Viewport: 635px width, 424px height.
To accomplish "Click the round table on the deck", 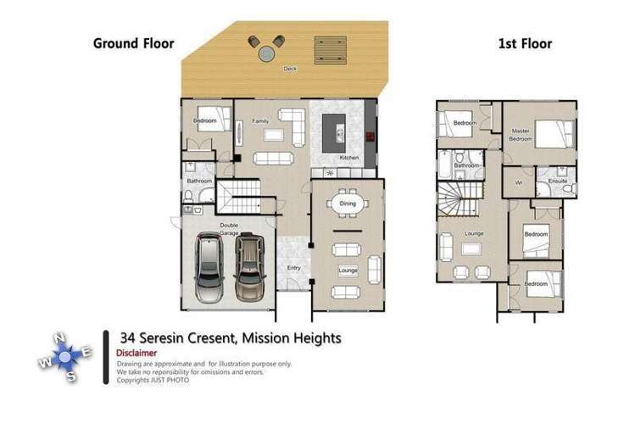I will click(267, 52).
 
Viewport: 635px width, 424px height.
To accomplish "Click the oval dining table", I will click(348, 204).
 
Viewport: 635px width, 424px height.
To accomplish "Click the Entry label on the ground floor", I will click(293, 268).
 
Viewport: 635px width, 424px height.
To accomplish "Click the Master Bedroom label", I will click(521, 134).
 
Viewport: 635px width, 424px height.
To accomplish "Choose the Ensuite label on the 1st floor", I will click(557, 181).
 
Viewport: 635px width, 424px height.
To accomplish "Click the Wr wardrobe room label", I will click(519, 181).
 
